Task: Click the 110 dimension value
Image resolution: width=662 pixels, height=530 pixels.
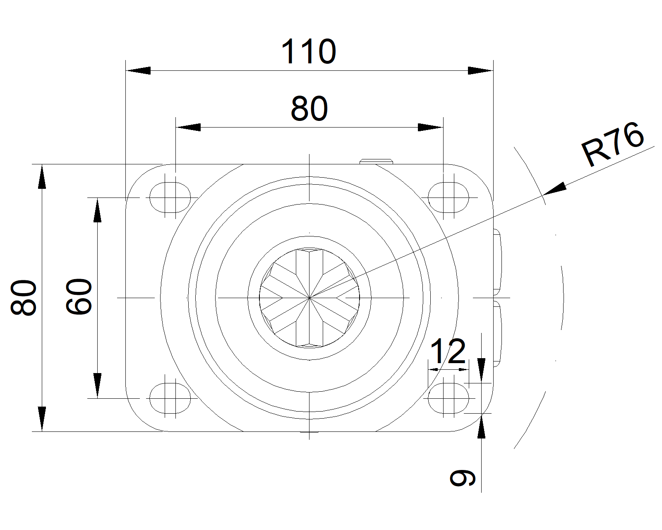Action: coord(309,51)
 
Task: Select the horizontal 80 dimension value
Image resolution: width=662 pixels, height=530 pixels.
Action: coord(309,108)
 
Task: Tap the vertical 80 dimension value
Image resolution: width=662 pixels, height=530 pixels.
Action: coord(24,297)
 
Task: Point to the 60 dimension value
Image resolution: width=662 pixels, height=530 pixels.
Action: coord(79,296)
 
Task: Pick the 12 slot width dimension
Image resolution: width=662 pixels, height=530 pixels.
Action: coord(448,352)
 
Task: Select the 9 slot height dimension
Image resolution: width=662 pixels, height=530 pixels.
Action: coord(462,478)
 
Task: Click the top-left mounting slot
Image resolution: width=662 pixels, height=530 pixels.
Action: coord(170,198)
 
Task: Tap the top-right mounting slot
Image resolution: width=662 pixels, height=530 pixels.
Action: coord(449,198)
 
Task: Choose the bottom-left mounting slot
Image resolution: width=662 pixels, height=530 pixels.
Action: coord(170,398)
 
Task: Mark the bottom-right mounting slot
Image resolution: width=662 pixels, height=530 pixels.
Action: coord(449,398)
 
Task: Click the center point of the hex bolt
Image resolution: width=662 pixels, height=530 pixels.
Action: coord(309,298)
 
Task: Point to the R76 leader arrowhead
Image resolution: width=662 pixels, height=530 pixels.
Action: coord(554,188)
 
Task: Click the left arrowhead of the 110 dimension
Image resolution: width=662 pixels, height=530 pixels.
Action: coord(138,70)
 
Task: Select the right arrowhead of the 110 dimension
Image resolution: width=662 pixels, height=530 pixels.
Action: coord(480,70)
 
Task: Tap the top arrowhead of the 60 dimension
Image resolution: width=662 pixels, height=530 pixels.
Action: coord(98,210)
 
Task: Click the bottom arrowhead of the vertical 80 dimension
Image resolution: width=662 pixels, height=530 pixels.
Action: coord(42,419)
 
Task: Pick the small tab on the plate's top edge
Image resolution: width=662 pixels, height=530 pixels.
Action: coord(377,161)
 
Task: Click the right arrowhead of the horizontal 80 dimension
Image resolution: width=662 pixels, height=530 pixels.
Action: coord(430,127)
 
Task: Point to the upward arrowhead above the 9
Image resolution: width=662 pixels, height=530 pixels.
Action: coord(482,426)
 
